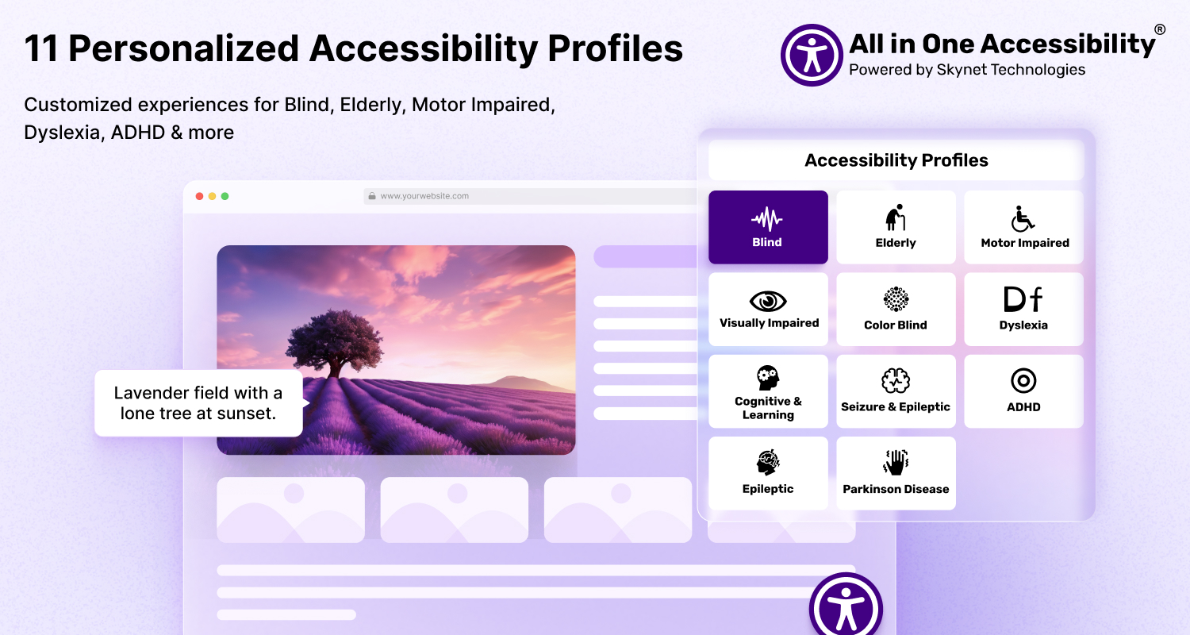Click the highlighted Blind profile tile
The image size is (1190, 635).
pyautogui.click(x=768, y=227)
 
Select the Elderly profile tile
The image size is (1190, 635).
pyautogui.click(x=896, y=227)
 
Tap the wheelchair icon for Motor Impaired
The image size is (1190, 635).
pyautogui.click(x=1022, y=219)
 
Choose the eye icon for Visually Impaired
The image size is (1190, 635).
pyautogui.click(x=768, y=302)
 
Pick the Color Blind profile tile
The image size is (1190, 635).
pyautogui.click(x=896, y=310)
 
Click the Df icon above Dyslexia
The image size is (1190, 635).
pyautogui.click(x=1023, y=299)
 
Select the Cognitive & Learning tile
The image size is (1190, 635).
pyautogui.click(x=768, y=391)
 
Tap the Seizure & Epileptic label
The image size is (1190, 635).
pyautogui.click(x=896, y=407)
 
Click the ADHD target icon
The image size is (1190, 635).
pyautogui.click(x=1023, y=380)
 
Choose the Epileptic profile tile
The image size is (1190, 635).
pyautogui.click(x=768, y=473)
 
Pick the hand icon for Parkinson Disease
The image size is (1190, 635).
pyautogui.click(x=896, y=462)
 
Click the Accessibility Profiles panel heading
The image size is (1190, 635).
pyautogui.click(x=896, y=160)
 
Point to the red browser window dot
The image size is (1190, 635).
pyautogui.click(x=199, y=196)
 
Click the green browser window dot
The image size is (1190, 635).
pyautogui.click(x=225, y=196)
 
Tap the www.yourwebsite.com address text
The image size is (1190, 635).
pyautogui.click(x=424, y=196)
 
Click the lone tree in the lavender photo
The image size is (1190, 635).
pyautogui.click(x=334, y=344)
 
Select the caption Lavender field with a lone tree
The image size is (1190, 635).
pyautogui.click(x=198, y=402)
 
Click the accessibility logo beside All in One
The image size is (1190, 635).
pyautogui.click(x=812, y=55)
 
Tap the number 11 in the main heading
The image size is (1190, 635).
pyautogui.click(x=41, y=49)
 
